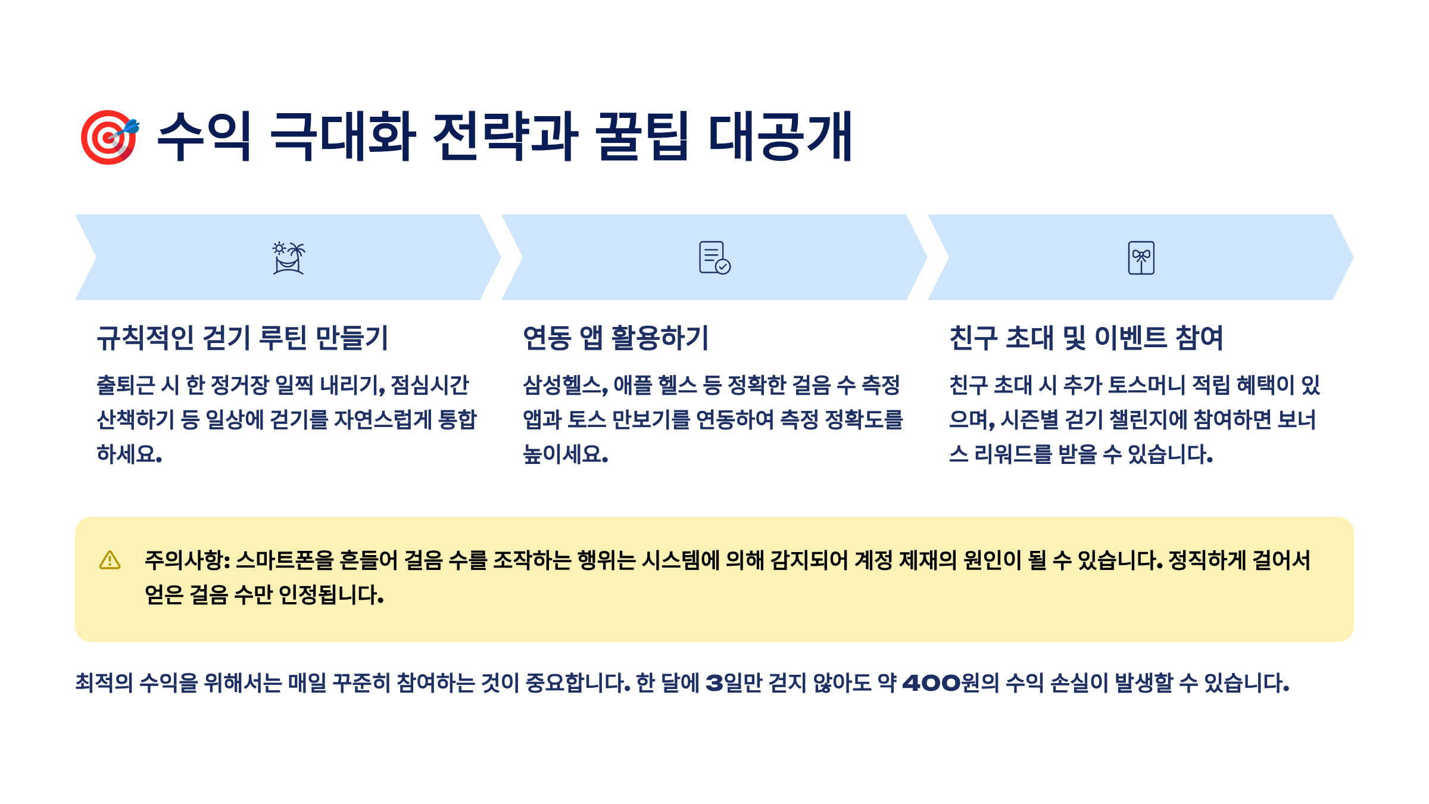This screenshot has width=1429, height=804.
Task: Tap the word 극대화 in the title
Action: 342,136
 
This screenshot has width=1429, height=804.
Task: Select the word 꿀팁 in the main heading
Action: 642,136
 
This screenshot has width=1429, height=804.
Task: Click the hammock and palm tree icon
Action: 289,258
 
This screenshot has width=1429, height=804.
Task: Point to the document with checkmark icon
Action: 714,258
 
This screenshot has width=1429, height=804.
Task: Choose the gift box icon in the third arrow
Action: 1141,258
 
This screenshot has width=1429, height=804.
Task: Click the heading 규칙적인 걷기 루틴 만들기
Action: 242,338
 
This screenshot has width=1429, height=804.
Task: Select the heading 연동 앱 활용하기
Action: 616,338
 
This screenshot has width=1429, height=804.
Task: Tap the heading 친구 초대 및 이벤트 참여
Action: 1086,338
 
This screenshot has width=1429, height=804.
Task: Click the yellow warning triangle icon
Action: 110,560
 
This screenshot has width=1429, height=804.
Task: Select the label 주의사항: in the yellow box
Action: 187,560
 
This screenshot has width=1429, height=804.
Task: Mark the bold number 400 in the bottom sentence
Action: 931,683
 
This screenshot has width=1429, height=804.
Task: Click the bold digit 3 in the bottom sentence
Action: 714,683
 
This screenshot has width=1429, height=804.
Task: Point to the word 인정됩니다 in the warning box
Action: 330,595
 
